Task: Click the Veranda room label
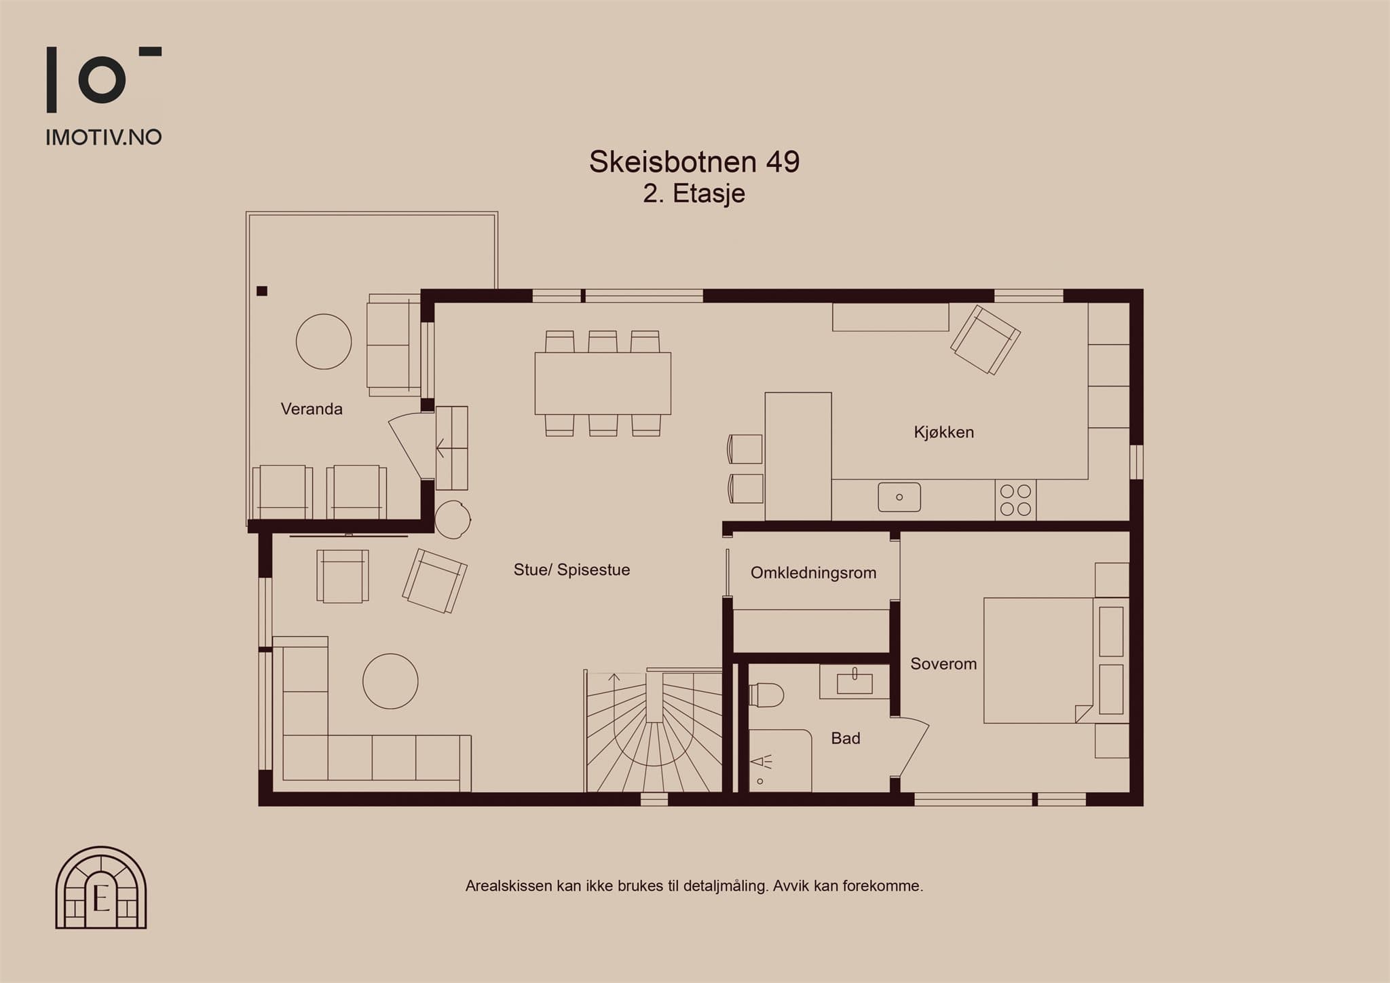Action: pos(312,409)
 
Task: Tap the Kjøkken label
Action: pos(943,432)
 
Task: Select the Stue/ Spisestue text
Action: pos(571,570)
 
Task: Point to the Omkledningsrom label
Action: pos(813,573)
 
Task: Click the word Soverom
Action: pos(943,664)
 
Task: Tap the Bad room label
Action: pos(845,738)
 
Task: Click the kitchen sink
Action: pos(899,497)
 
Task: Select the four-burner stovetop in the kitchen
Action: pos(1015,500)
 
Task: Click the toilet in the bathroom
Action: pos(766,695)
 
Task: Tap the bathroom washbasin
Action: pos(854,682)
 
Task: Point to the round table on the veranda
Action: pos(324,341)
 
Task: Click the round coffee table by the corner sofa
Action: pos(390,682)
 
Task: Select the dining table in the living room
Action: pos(603,384)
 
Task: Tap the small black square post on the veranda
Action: pos(262,291)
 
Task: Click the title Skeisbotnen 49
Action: pos(694,162)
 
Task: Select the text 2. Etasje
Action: pos(694,193)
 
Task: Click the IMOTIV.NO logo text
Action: pos(104,137)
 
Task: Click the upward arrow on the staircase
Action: pos(614,677)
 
